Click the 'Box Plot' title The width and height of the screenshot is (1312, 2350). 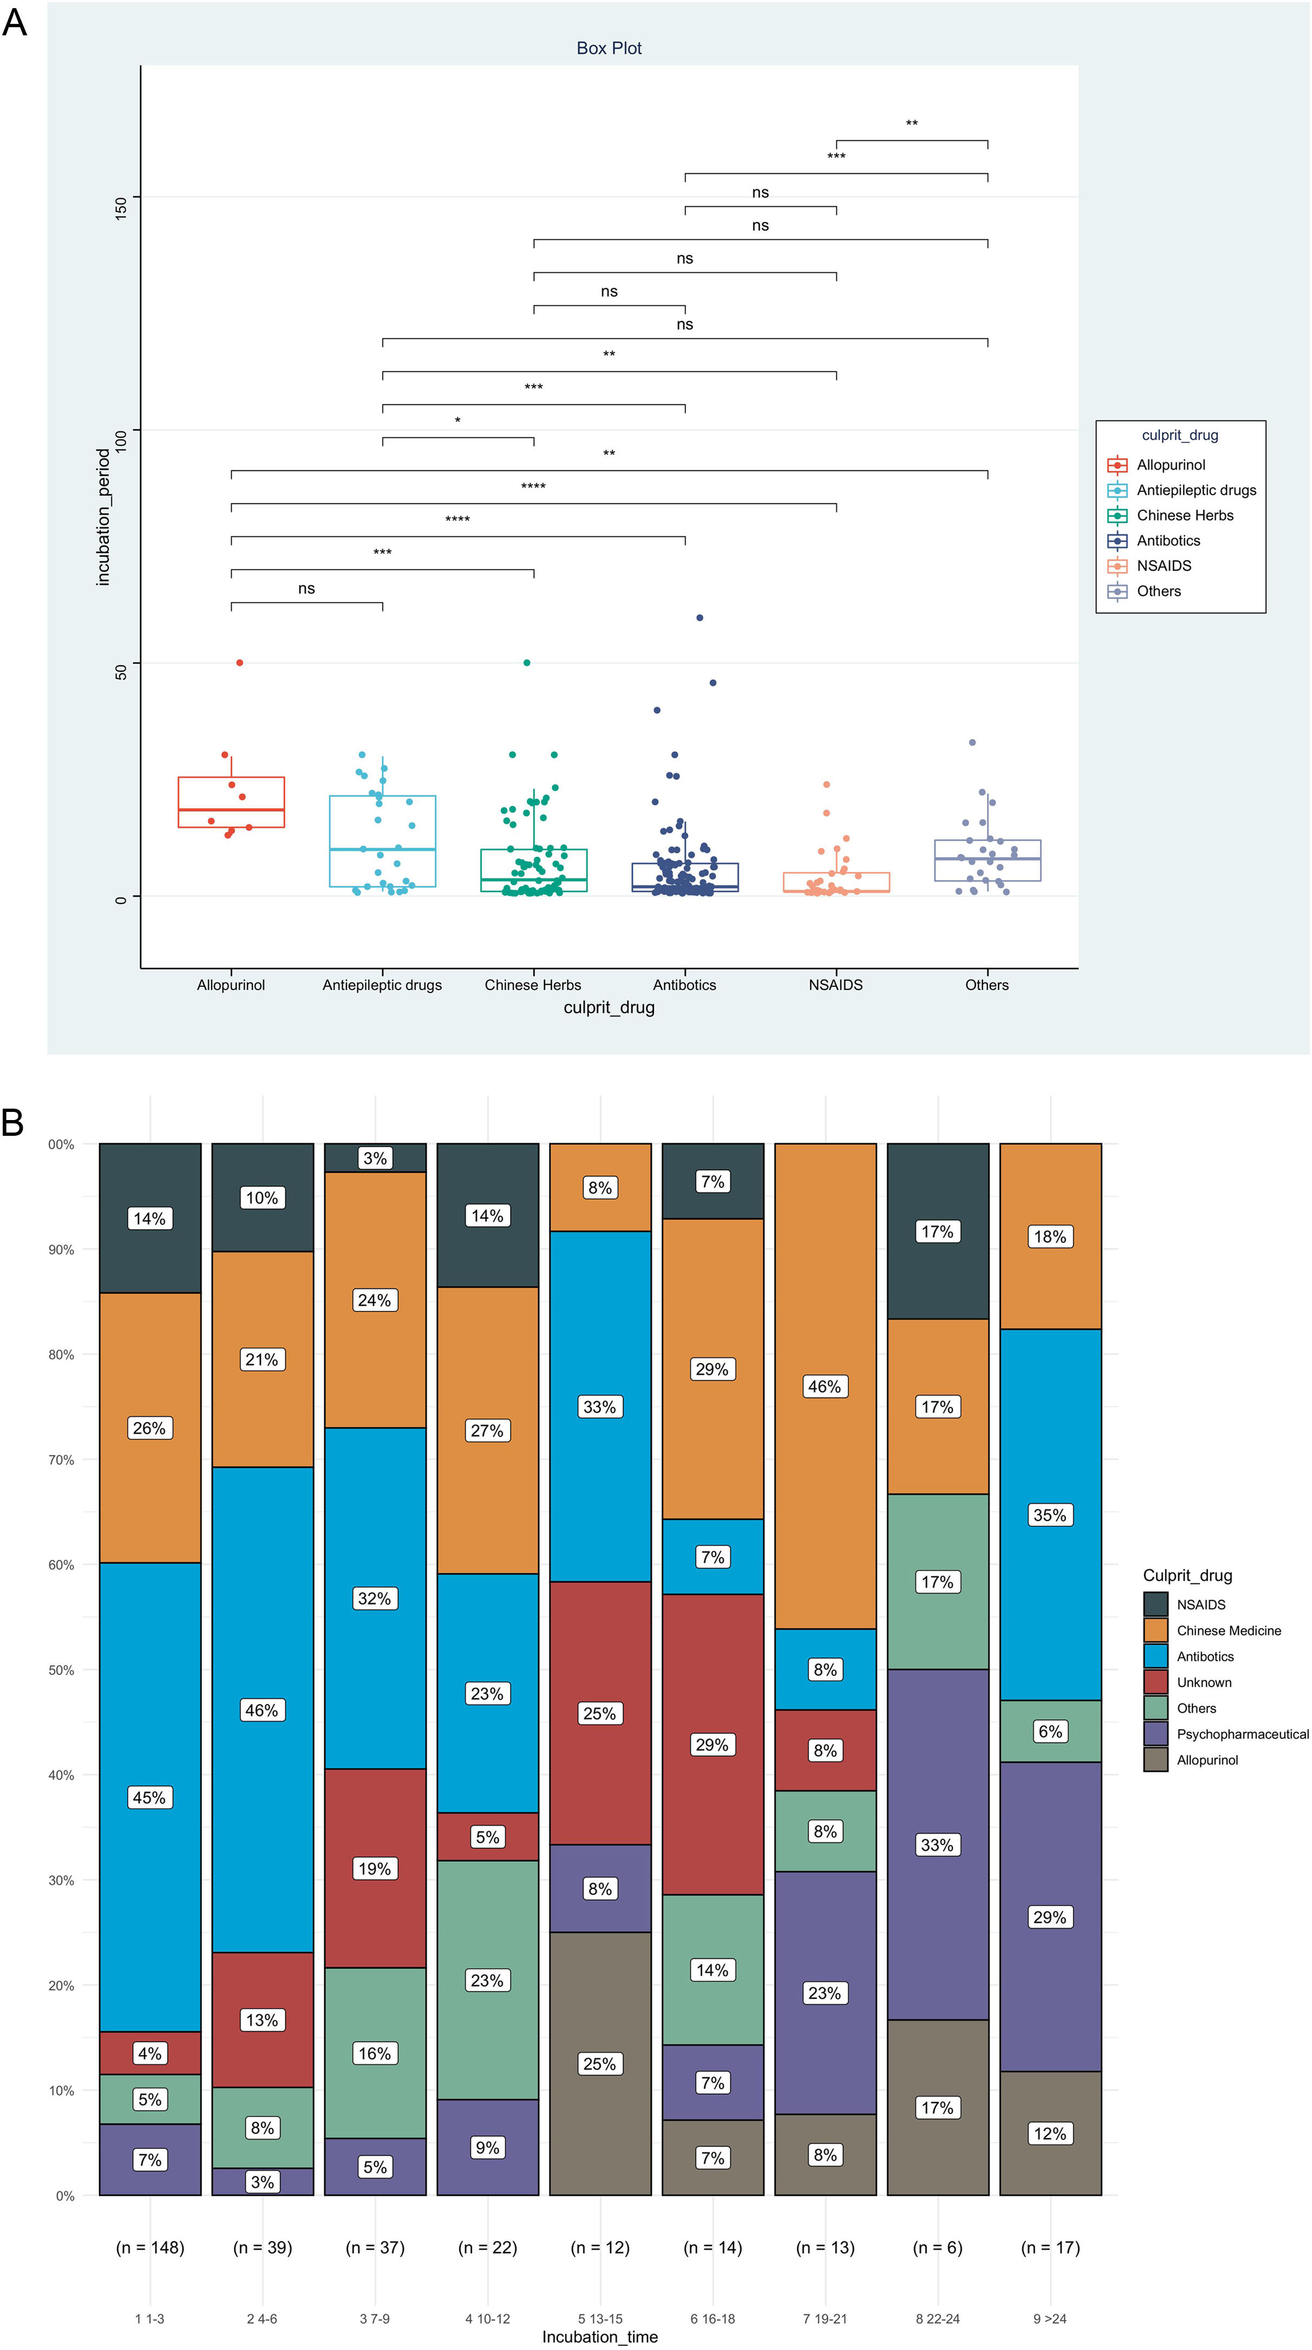(608, 48)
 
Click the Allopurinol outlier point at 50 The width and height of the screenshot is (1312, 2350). (240, 662)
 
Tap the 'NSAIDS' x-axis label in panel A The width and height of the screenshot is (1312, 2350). (835, 985)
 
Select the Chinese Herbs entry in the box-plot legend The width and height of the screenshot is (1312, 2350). (1184, 515)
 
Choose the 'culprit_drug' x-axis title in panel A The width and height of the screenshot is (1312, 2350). (608, 1007)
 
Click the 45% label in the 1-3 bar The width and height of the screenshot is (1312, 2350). (149, 1797)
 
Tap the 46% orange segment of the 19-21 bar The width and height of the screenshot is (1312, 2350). (825, 1386)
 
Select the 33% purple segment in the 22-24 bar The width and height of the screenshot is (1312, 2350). (937, 1844)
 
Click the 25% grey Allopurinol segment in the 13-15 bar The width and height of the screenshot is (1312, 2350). (599, 2064)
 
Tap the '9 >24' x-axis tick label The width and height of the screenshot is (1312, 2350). (1049, 2318)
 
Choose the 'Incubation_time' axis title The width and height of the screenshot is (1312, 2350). (599, 2336)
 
